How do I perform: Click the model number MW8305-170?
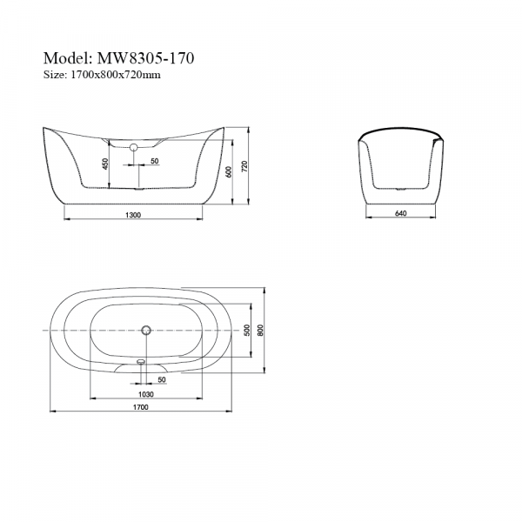point(145,58)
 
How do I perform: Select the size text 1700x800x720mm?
point(116,75)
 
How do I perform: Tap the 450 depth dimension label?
point(105,164)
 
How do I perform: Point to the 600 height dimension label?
point(228,171)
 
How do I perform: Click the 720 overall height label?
point(244,166)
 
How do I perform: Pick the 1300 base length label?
point(133,215)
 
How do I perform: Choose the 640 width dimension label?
point(400,213)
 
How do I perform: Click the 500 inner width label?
point(247,331)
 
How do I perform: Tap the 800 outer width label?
point(260,331)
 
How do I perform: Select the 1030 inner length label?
point(146,394)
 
